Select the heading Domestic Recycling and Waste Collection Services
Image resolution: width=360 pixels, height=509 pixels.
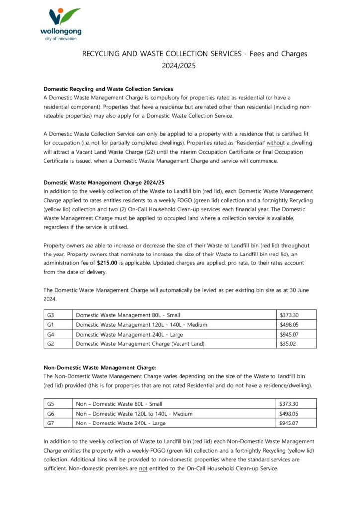tap(108, 89)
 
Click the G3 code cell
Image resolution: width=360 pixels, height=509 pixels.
tap(51, 315)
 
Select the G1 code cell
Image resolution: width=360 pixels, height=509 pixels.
tap(51, 324)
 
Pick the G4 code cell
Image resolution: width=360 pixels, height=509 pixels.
tap(51, 334)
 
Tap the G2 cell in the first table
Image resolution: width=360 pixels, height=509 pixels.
tap(51, 343)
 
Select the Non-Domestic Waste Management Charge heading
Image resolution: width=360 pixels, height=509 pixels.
tap(99, 367)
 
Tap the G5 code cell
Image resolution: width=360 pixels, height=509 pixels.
tap(51, 404)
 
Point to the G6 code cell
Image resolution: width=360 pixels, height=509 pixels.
tap(51, 413)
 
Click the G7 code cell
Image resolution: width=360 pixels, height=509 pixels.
tap(51, 423)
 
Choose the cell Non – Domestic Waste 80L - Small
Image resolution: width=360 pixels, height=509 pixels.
tap(119, 404)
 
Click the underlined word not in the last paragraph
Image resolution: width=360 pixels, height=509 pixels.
tap(143, 468)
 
